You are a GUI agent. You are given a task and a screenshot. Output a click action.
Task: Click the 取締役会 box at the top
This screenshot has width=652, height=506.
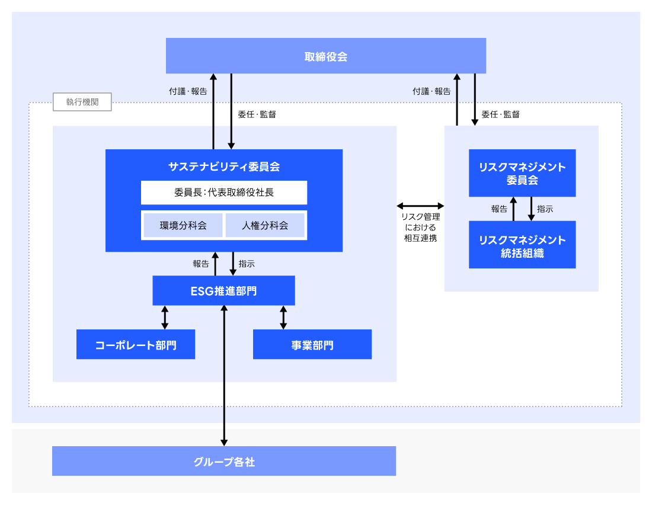pyautogui.click(x=325, y=56)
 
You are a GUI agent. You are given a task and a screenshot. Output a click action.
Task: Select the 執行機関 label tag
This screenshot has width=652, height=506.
pyautogui.click(x=82, y=102)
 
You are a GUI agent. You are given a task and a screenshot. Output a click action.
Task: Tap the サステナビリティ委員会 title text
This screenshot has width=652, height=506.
pyautogui.click(x=223, y=166)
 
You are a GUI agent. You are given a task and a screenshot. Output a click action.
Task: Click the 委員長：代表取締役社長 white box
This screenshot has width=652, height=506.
pyautogui.click(x=223, y=193)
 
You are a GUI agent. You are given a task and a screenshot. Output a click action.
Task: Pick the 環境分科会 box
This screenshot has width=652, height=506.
pyautogui.click(x=183, y=225)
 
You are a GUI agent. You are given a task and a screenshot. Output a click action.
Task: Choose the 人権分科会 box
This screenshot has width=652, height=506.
pyautogui.click(x=265, y=225)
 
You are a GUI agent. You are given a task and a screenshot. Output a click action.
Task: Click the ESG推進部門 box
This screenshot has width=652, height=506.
pyautogui.click(x=223, y=291)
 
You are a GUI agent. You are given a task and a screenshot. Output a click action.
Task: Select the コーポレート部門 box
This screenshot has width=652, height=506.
pyautogui.click(x=135, y=345)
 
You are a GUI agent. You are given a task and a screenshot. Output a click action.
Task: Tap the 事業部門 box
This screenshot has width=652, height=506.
pyautogui.click(x=312, y=345)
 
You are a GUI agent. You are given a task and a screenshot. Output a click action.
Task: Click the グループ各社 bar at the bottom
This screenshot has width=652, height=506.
pyautogui.click(x=223, y=461)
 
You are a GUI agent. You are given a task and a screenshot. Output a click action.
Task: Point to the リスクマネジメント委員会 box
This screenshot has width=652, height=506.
pyautogui.click(x=522, y=173)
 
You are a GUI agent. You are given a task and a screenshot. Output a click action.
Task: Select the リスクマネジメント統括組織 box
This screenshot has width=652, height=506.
pyautogui.click(x=522, y=245)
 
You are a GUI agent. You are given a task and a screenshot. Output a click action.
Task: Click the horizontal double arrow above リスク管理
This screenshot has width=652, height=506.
pyautogui.click(x=420, y=206)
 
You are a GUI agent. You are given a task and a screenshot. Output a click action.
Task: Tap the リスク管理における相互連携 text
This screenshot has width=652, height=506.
pyautogui.click(x=420, y=228)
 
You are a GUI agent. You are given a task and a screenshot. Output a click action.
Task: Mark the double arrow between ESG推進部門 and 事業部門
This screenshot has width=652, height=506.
pyautogui.click(x=283, y=318)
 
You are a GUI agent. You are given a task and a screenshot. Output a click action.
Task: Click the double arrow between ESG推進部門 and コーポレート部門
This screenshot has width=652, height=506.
pyautogui.click(x=165, y=318)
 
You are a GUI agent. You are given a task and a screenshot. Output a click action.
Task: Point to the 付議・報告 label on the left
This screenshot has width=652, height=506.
pyautogui.click(x=188, y=92)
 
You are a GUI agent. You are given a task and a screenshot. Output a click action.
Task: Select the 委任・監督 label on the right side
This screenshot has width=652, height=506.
pyautogui.click(x=500, y=114)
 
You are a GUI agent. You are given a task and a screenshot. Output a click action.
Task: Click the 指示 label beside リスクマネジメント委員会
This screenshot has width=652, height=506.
pyautogui.click(x=545, y=209)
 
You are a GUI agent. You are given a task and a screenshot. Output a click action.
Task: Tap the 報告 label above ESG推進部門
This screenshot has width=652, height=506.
pyautogui.click(x=201, y=264)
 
